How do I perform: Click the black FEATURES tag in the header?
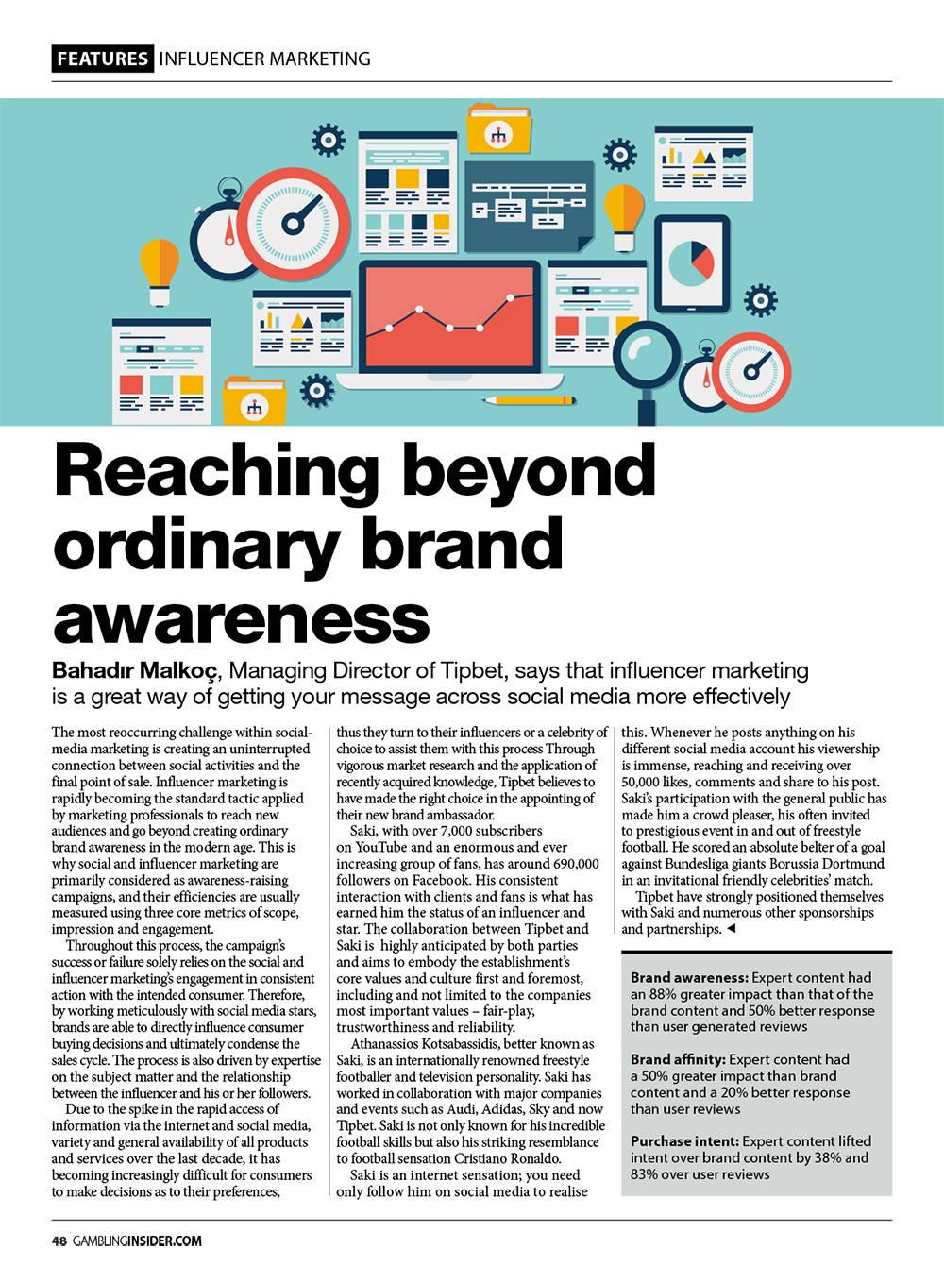tap(102, 59)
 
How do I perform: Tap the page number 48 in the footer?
tap(59, 1241)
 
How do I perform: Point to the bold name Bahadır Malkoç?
tap(135, 671)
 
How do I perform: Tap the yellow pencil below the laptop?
tap(529, 400)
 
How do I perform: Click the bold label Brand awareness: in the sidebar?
tap(689, 978)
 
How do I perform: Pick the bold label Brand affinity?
tap(678, 1059)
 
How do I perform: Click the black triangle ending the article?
tap(731, 930)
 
